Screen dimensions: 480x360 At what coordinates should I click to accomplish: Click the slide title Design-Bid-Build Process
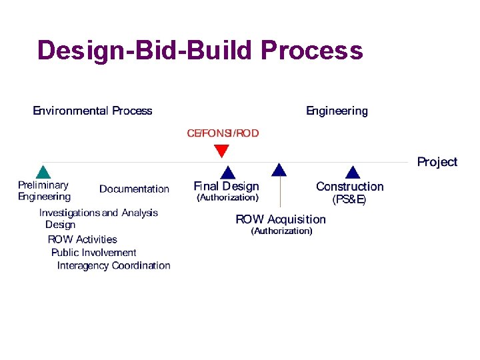pos(200,51)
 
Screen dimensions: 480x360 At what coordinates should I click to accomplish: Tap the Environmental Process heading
pos(93,111)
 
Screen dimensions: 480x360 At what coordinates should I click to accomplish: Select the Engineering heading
pos(337,111)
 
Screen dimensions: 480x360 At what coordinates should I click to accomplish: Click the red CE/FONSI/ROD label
pos(223,133)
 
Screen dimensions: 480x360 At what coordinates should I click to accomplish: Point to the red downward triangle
pos(221,151)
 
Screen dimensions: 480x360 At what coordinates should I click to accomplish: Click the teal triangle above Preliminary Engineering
pos(43,172)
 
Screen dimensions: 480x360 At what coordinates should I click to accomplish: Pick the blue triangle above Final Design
pos(228,173)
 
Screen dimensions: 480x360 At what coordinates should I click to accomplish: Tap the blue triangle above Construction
pos(353,173)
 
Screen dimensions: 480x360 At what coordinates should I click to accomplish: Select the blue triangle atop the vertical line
pos(280,169)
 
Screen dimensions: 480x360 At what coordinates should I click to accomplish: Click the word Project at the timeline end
pos(437,162)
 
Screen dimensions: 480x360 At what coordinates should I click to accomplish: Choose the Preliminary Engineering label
pos(44,191)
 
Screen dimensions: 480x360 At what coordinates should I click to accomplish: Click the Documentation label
pos(134,189)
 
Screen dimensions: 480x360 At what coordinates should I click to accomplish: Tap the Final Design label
pos(226,186)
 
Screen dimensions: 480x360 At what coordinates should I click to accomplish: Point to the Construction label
pos(349,187)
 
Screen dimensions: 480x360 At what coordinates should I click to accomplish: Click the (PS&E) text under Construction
pos(349,199)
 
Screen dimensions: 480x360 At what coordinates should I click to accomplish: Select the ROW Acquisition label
pos(281,219)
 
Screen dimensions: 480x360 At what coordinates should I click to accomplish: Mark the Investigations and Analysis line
pos(99,213)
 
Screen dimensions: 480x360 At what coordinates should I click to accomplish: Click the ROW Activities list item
pos(82,239)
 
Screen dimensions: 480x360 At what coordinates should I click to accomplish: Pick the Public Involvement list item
pos(93,253)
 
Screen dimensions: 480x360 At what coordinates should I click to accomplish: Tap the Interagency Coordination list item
pos(113,265)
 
